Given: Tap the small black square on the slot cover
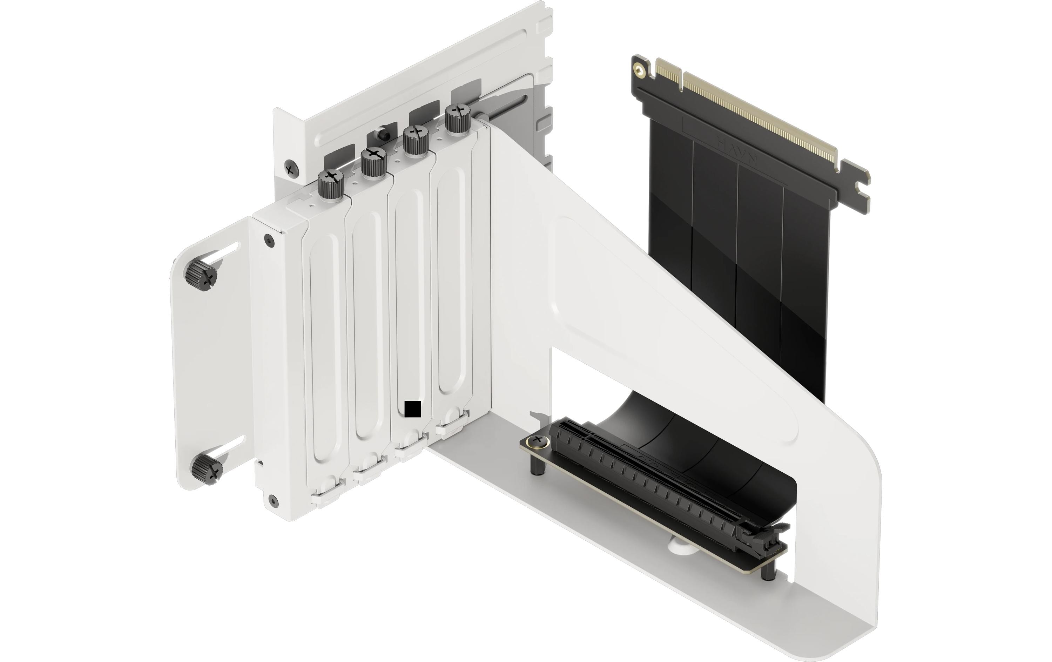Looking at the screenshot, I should coord(412,409).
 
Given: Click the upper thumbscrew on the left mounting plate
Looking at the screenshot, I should coord(201,276).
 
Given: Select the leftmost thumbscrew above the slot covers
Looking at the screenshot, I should coord(331,184).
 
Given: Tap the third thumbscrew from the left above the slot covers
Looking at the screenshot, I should coord(415,140).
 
